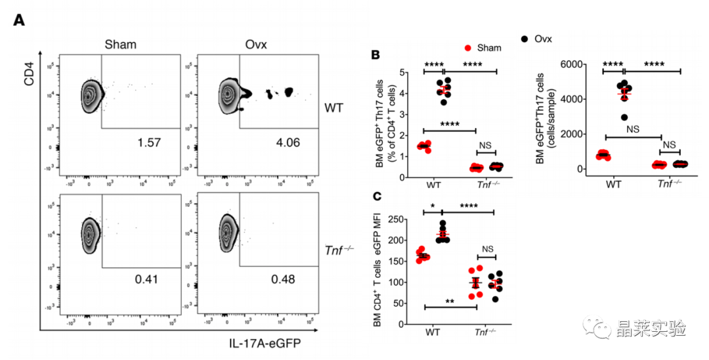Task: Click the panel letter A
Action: click(x=20, y=20)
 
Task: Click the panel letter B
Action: click(x=376, y=55)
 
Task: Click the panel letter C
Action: click(x=376, y=196)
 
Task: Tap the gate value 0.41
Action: click(x=147, y=280)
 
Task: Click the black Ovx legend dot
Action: click(x=525, y=39)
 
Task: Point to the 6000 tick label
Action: click(x=568, y=64)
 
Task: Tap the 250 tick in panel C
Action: click(x=395, y=218)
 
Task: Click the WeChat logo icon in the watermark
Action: click(x=593, y=326)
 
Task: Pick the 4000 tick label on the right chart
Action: click(x=568, y=100)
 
